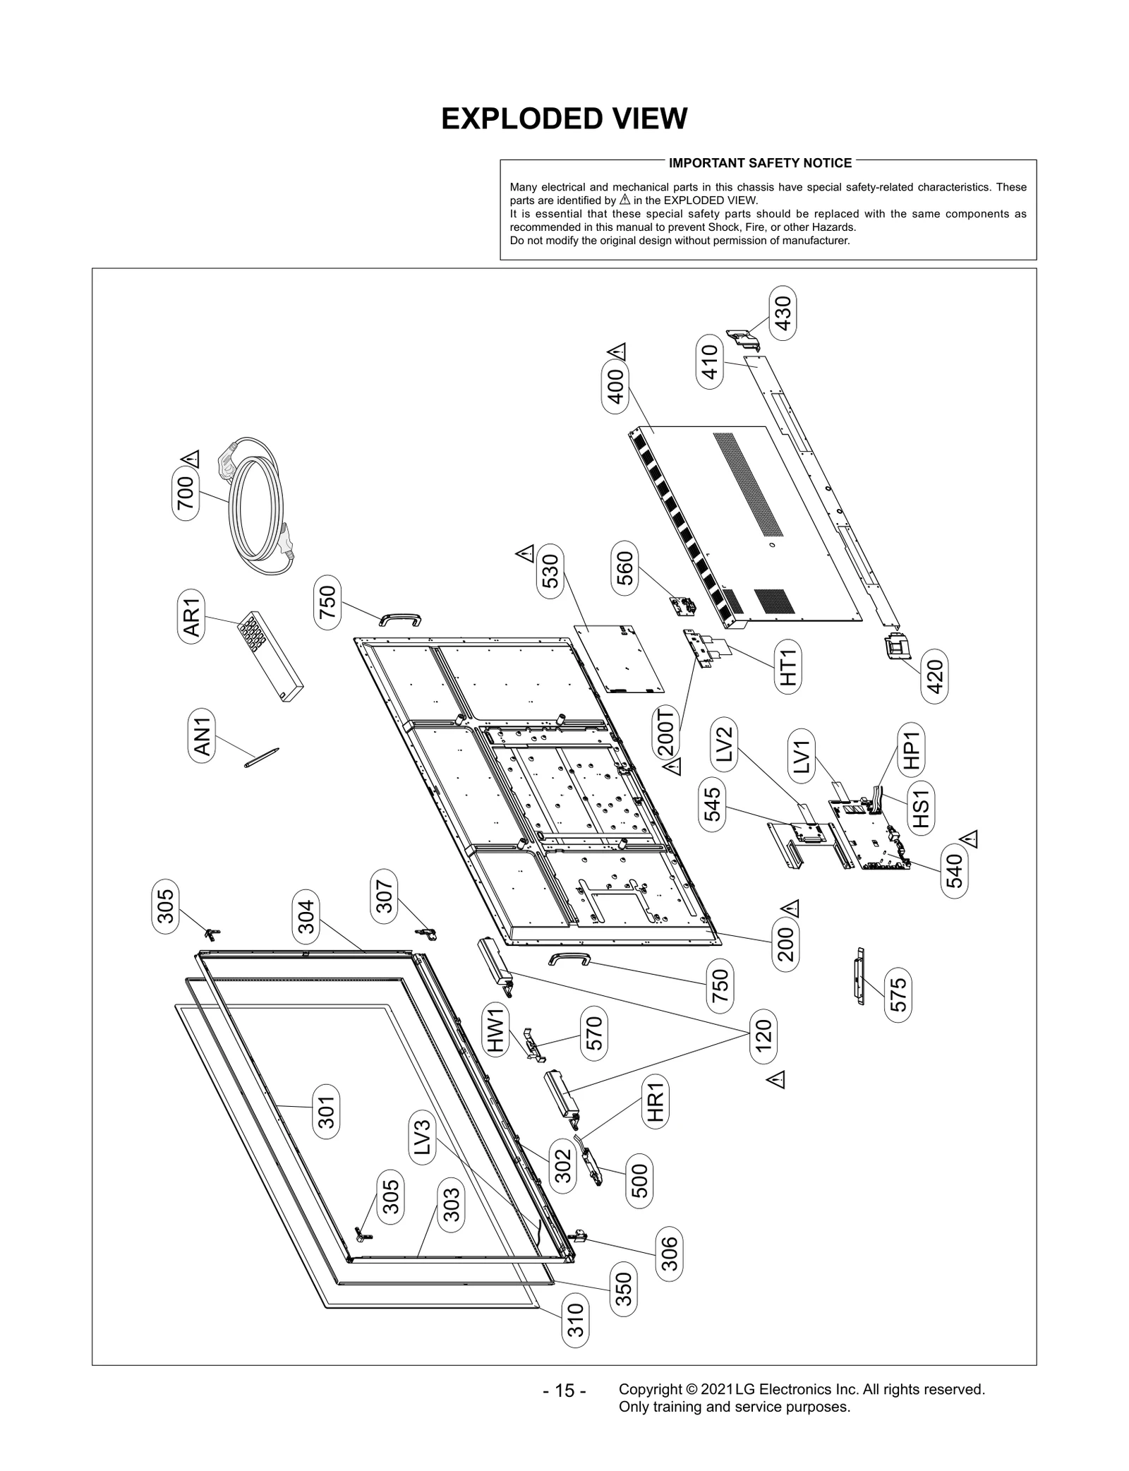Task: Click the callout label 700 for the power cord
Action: (186, 493)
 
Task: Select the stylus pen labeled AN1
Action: (262, 757)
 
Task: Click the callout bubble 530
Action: (550, 572)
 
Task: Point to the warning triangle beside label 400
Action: (616, 351)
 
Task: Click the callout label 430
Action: (783, 313)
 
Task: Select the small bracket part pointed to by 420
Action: (895, 647)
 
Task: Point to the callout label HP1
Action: (911, 750)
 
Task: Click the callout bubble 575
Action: (898, 995)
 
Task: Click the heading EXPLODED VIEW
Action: (564, 119)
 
